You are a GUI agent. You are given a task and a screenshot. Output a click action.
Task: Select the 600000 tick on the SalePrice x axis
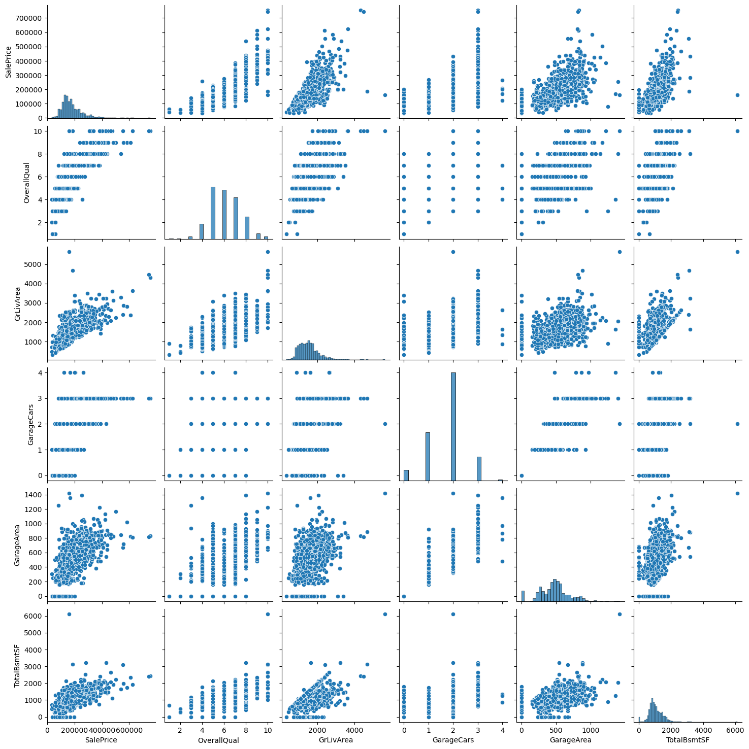pyautogui.click(x=128, y=730)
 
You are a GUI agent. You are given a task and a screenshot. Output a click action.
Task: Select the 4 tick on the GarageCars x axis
pyautogui.click(x=502, y=730)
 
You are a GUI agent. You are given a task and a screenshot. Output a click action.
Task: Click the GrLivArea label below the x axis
pyautogui.click(x=336, y=740)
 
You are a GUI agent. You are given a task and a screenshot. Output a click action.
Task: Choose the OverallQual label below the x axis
pyautogui.click(x=218, y=740)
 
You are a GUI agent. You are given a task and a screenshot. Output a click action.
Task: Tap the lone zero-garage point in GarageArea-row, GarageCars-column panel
pyautogui.click(x=404, y=596)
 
